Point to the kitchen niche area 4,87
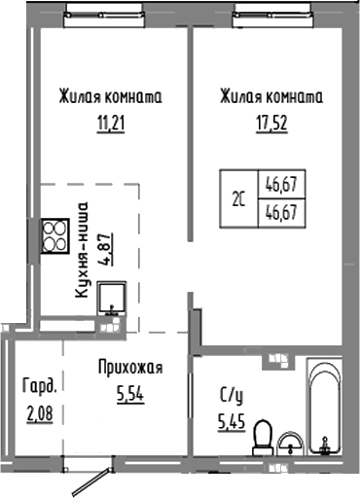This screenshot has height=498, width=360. (106, 246)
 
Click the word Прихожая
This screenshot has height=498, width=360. (129, 368)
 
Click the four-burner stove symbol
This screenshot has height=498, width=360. (53, 234)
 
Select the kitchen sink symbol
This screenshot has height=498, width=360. (112, 300)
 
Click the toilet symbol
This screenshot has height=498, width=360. (261, 445)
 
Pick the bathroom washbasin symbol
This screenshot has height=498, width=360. (290, 446)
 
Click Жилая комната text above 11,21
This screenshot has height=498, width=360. (109, 98)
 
